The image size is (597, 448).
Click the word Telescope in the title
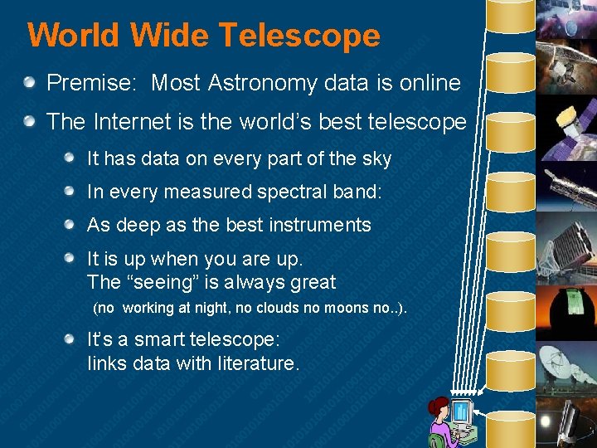(299, 36)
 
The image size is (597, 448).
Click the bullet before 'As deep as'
(71, 225)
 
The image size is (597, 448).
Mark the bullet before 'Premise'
(30, 82)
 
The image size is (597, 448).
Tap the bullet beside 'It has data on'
(71, 158)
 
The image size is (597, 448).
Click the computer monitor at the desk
(461, 412)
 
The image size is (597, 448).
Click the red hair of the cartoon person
(436, 407)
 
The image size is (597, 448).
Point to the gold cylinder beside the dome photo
(511, 307)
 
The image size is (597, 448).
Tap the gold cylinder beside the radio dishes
(511, 363)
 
